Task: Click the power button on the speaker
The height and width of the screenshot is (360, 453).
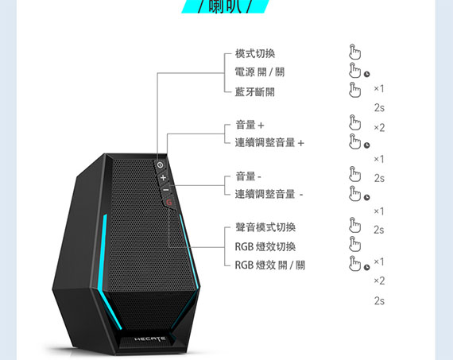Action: [160, 165]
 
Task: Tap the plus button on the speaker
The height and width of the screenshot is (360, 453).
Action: [163, 178]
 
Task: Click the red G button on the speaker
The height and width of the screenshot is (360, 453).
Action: [169, 202]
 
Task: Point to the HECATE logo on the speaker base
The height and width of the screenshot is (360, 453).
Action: [150, 339]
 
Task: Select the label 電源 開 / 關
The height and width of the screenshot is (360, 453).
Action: [260, 72]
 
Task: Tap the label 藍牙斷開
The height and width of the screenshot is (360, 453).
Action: [255, 92]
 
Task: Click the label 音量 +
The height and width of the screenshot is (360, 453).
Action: [250, 125]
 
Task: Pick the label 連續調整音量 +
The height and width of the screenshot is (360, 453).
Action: [269, 143]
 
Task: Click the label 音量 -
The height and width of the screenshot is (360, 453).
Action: [249, 176]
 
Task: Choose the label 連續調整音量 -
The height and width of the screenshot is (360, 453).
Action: [269, 194]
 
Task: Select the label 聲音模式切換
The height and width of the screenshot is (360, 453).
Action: [265, 227]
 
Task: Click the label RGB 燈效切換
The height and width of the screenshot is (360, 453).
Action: [265, 246]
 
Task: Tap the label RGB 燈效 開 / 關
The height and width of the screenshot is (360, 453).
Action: [270, 265]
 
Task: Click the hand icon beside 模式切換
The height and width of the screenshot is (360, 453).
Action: [354, 52]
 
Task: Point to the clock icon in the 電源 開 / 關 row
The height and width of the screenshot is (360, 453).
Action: [366, 74]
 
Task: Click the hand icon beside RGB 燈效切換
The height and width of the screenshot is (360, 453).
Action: [354, 244]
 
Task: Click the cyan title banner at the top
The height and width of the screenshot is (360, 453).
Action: [226, 6]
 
